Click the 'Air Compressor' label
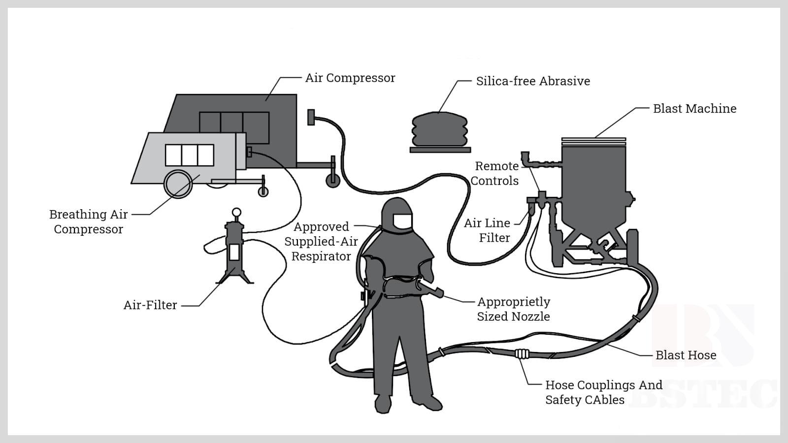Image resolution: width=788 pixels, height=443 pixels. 350,78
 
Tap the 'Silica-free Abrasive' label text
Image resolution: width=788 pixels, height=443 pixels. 532,81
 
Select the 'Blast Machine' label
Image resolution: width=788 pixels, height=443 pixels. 694,109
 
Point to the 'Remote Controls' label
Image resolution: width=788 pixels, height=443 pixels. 495,173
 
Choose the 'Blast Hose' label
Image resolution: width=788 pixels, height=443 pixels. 686,355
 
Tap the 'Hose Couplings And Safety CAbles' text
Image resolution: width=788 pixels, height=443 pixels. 603,392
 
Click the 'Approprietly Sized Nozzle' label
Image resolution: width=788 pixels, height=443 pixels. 513,309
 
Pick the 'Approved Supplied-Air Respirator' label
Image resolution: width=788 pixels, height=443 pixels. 321,241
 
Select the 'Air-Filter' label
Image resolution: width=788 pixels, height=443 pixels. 150,305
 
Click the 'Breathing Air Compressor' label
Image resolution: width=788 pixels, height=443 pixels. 89,221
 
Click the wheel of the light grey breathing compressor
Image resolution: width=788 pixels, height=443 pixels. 178,184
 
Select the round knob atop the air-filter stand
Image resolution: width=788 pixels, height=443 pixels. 236,212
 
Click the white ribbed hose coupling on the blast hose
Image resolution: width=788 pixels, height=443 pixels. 522,353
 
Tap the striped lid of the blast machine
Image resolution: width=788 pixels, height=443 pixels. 593,141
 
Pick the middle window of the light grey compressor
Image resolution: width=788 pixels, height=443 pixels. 190,155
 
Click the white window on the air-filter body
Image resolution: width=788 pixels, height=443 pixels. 234,252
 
